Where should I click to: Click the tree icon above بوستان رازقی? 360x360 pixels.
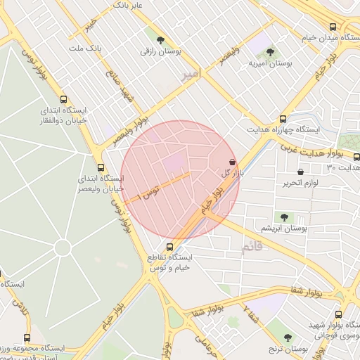tap(161, 40)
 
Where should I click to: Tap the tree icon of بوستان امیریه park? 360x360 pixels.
tap(270, 52)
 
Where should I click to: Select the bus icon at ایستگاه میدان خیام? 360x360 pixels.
tap(333, 27)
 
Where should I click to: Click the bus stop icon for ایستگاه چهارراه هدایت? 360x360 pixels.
tap(283, 119)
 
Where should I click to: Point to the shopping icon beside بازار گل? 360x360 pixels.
tap(232, 160)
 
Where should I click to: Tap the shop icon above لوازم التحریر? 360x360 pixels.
tap(301, 171)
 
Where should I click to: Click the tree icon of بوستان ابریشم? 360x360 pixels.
tap(284, 217)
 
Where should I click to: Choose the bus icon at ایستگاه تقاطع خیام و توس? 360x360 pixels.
tap(169, 246)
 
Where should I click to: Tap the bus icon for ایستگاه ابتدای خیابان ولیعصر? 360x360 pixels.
tap(101, 167)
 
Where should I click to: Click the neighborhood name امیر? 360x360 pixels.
tap(190, 73)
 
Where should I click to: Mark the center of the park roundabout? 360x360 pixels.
tap(63, 248)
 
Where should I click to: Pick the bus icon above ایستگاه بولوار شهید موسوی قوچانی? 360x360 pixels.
tap(338, 314)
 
